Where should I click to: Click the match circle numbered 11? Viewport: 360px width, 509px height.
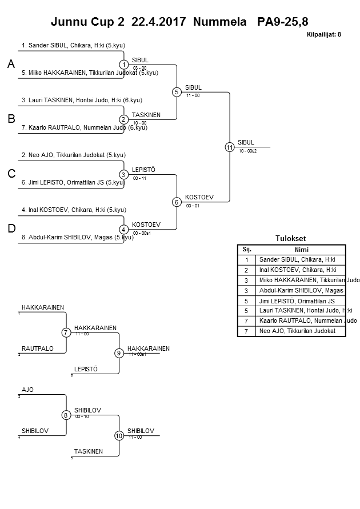(230, 147)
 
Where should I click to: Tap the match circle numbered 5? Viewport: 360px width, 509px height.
(177, 92)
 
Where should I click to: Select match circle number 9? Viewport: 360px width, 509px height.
(119, 353)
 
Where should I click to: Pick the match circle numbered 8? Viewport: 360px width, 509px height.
(66, 415)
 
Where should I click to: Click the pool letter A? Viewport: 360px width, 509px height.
(11, 65)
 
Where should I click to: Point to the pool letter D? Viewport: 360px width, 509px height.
(11, 229)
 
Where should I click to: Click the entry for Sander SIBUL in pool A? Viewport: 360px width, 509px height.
(70, 45)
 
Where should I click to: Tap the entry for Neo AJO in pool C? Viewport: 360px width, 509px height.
(74, 155)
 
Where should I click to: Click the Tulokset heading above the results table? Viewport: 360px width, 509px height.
(291, 239)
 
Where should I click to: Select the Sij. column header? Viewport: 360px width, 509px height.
(247, 250)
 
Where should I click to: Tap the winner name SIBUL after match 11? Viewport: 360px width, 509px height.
(246, 143)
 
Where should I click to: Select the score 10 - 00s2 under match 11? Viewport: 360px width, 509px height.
(248, 151)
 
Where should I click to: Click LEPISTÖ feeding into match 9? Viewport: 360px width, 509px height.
(86, 369)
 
